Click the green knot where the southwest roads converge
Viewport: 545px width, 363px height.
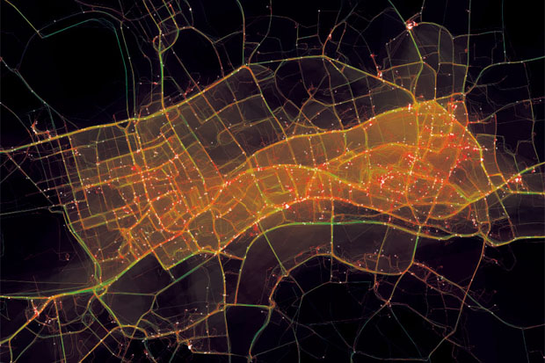(x=102, y=289)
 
